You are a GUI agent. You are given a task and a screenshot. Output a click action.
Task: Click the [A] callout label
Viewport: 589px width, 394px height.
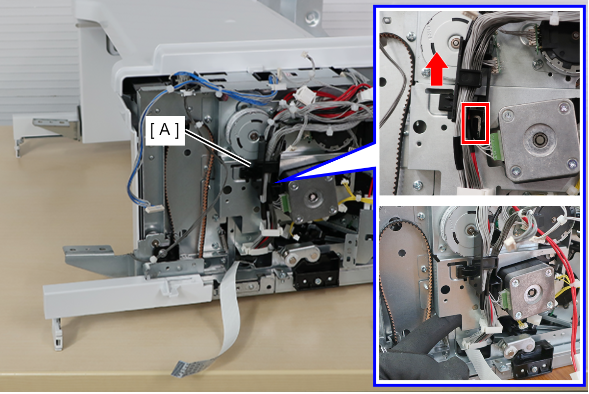165,131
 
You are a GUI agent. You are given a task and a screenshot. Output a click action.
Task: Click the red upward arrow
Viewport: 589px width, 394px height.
437,69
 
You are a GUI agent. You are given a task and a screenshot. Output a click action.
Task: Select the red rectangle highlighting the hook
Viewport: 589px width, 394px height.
475,123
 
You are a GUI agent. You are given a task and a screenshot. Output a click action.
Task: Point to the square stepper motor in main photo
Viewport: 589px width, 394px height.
312,199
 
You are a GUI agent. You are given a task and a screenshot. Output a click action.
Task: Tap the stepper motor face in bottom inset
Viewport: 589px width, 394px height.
532,292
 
